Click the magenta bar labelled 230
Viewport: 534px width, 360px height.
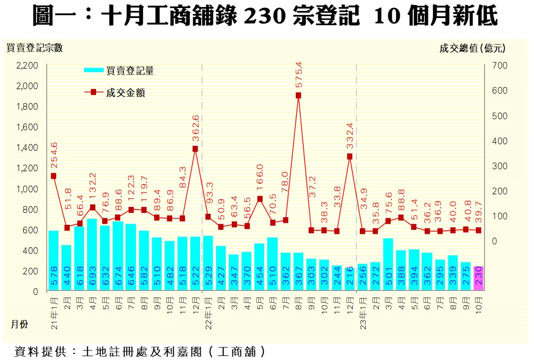click(478, 278)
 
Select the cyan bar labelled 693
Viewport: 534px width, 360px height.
click(92, 255)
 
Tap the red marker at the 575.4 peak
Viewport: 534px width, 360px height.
click(298, 95)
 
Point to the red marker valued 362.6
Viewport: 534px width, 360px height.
click(195, 149)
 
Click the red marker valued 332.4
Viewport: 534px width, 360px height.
click(350, 156)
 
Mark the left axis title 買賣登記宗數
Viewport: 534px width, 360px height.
click(34, 48)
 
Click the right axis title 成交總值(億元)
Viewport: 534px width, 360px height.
click(472, 49)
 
